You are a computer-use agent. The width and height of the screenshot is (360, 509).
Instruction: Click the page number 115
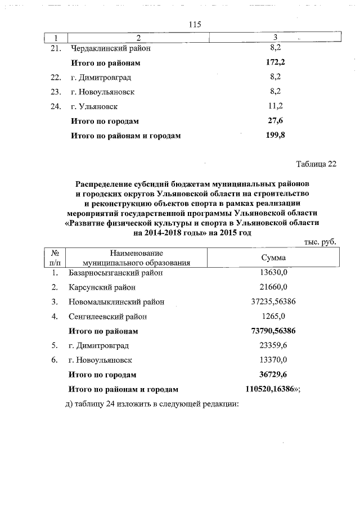point(195,24)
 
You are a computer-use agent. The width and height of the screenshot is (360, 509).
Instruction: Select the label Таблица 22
point(316,164)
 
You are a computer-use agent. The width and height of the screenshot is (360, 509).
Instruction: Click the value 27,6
point(276,121)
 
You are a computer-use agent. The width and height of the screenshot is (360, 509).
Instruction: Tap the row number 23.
point(55,92)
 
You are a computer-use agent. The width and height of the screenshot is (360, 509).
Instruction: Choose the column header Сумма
point(273,258)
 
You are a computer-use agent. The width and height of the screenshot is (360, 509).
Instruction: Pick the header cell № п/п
point(55,258)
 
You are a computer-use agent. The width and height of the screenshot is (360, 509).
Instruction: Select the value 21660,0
point(273,287)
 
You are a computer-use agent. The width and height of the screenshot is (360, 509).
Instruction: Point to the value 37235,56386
point(273,302)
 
